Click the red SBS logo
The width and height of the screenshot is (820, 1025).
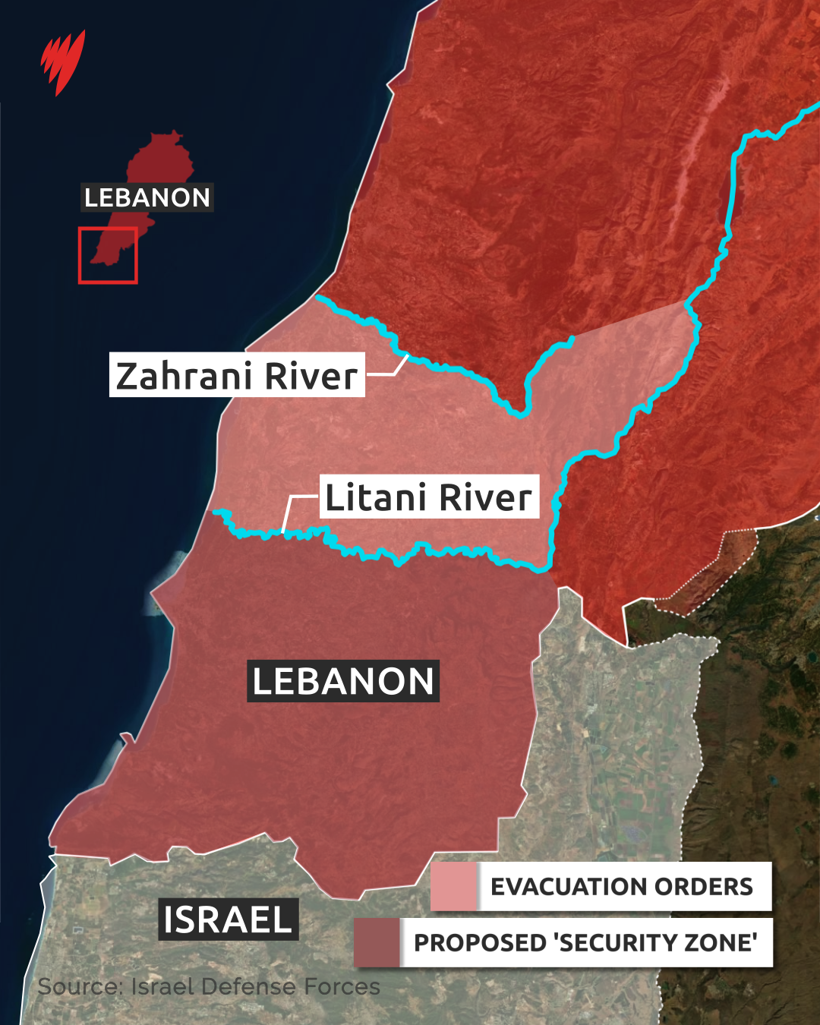62,61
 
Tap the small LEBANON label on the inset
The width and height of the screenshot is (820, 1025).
147,197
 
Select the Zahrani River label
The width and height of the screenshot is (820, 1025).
237,375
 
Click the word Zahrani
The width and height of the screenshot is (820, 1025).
182,375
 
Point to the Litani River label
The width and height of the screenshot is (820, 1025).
429,497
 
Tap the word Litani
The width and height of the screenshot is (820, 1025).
375,497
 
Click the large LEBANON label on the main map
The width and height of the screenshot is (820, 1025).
343,681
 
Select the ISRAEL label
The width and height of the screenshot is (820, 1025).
228,919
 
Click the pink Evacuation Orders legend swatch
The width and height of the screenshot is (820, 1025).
453,886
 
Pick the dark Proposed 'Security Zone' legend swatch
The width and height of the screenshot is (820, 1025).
377,942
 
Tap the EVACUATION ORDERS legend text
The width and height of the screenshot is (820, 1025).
622,886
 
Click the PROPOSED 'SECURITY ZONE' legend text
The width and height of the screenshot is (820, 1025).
585,942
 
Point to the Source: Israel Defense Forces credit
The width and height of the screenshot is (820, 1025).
209,986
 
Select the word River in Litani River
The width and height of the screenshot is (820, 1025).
485,497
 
